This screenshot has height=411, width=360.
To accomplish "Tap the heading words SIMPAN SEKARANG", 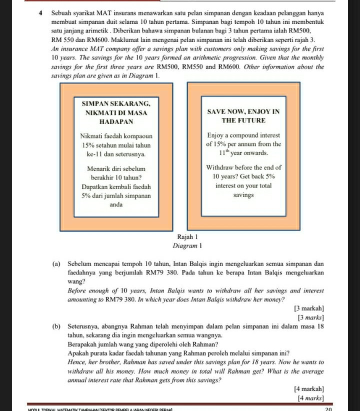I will pos(116,103).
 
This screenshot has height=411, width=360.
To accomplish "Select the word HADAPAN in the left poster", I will pos(116,122).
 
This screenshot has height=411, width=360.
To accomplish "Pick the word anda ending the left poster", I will pos(116,205).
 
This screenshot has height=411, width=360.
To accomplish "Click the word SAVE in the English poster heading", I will pos(216,111).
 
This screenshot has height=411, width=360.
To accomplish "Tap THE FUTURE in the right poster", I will pos(243,121).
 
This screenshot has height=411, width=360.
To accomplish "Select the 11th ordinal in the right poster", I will pos(225,152).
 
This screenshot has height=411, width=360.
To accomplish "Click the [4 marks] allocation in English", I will pos(310,398).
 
